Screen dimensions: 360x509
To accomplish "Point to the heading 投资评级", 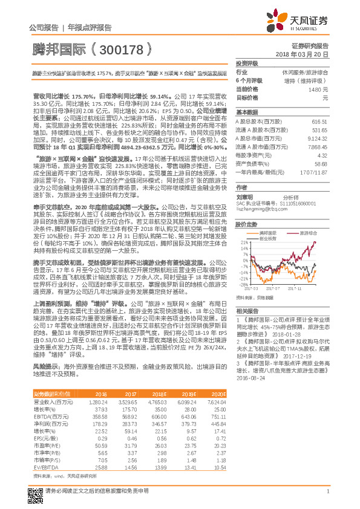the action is [x=247, y=63].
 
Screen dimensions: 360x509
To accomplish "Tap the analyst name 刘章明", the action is [x=243, y=196].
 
